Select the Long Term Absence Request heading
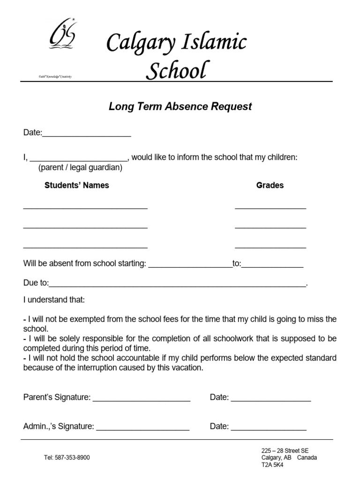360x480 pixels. [x=180, y=106]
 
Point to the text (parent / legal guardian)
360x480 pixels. [x=80, y=167]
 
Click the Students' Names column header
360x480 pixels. [x=76, y=185]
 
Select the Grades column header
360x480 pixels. [x=270, y=185]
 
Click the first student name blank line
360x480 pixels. [x=85, y=207]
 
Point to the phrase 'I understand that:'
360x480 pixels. [x=54, y=300]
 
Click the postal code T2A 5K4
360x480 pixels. [x=272, y=465]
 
